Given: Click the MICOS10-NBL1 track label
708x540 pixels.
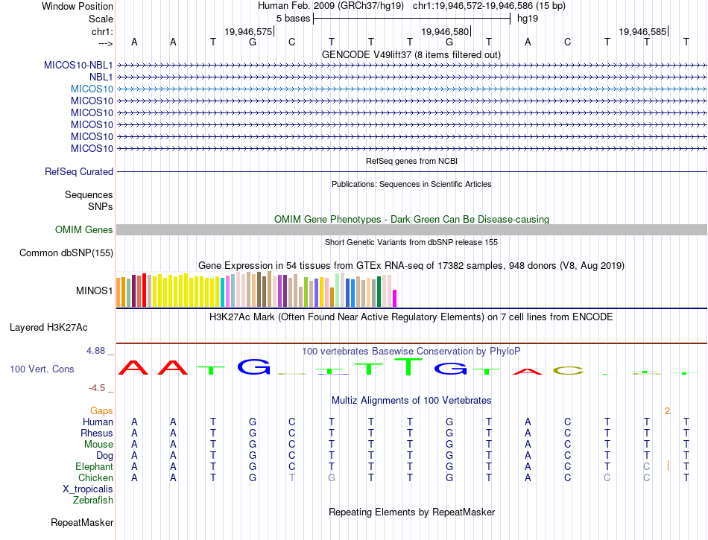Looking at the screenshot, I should pyautogui.click(x=78, y=65).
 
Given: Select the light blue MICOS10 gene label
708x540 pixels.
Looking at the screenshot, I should pyautogui.click(x=92, y=89).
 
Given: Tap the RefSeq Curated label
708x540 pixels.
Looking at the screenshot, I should pyautogui.click(x=79, y=171).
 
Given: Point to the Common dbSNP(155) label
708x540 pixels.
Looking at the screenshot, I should pyautogui.click(x=66, y=253).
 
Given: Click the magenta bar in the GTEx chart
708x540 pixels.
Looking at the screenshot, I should pyautogui.click(x=394, y=298).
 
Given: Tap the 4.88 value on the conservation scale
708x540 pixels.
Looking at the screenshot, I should pyautogui.click(x=97, y=350).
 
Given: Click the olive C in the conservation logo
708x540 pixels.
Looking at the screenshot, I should pyautogui.click(x=567, y=370).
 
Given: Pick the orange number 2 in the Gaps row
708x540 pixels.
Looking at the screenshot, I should pyautogui.click(x=667, y=410).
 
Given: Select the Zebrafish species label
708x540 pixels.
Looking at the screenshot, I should pyautogui.click(x=93, y=501).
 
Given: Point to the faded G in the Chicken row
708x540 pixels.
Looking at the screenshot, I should pyautogui.click(x=331, y=477).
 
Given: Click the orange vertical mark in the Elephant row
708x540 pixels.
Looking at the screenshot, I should pyautogui.click(x=669, y=466).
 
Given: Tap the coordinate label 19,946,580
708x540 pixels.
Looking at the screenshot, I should pyautogui.click(x=445, y=32).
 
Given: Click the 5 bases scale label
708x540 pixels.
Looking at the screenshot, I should pyautogui.click(x=291, y=18).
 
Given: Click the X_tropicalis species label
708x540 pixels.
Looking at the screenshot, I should pyautogui.click(x=88, y=489).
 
